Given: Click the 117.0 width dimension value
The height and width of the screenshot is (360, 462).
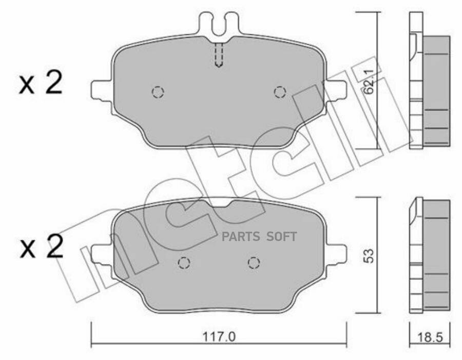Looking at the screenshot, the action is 219,337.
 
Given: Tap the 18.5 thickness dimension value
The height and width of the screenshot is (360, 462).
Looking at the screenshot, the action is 430,337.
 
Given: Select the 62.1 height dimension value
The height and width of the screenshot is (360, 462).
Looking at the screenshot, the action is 368,82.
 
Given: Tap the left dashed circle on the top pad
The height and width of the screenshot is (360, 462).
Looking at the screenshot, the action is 158,92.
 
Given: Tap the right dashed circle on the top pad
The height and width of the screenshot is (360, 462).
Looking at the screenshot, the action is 280,92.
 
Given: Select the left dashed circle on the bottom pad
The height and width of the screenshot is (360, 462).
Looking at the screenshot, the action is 184,262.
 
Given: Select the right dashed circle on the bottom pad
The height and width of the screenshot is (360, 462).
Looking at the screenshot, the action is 254,262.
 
